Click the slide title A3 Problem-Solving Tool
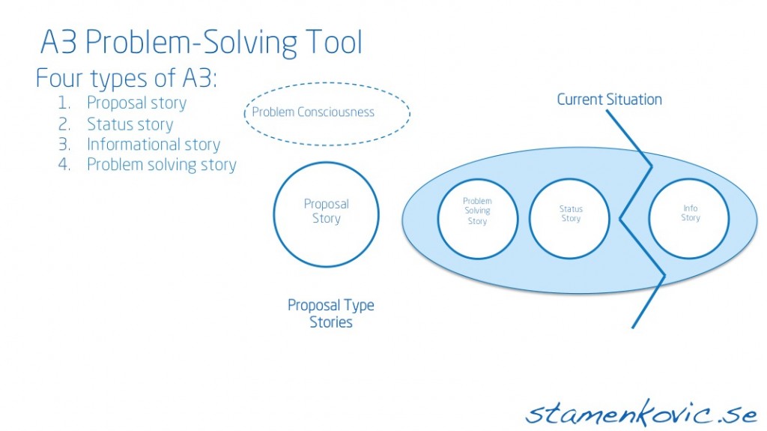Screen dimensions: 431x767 (x=201, y=43)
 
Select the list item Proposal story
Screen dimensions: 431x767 (x=136, y=103)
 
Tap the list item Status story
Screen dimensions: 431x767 (x=130, y=124)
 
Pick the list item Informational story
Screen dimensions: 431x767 (x=153, y=145)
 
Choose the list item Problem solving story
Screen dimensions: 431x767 (x=161, y=165)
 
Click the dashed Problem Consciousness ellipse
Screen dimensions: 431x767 (x=327, y=113)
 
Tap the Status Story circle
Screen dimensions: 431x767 (x=571, y=214)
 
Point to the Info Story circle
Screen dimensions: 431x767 (x=690, y=214)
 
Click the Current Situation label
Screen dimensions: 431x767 (x=609, y=100)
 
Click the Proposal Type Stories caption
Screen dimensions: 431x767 (x=331, y=314)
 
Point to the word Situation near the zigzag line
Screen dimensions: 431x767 (x=635, y=100)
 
